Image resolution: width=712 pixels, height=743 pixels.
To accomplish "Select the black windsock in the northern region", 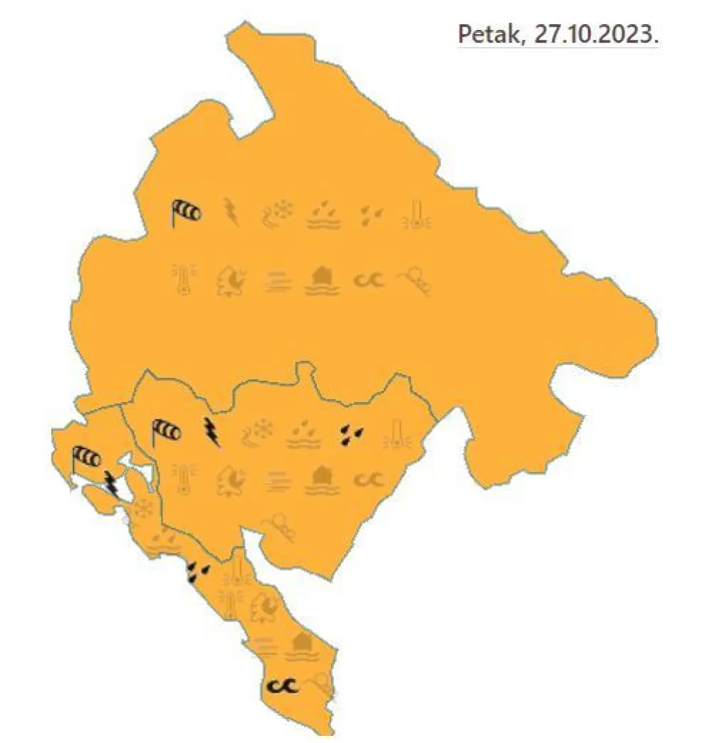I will [x=185, y=211].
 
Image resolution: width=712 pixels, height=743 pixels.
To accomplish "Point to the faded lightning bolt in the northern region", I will [x=231, y=211].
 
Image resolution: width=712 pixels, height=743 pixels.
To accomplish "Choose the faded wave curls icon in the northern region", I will [x=368, y=280].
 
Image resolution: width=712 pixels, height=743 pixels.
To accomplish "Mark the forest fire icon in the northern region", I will [x=231, y=280].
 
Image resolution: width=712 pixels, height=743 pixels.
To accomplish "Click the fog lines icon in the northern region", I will [x=277, y=281].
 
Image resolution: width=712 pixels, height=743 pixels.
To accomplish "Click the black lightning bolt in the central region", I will [x=211, y=431].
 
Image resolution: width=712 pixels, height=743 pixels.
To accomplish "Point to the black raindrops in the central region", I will [x=350, y=433].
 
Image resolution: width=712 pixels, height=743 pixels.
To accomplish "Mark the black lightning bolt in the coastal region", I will [x=111, y=483].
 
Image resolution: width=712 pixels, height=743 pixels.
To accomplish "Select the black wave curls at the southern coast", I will [x=282, y=685].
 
